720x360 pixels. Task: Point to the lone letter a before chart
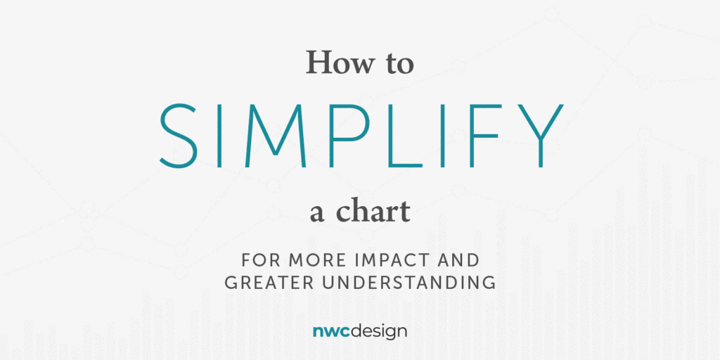[x=317, y=214]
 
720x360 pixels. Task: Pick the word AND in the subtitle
[x=459, y=261]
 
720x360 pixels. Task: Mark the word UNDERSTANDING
[x=411, y=283]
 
